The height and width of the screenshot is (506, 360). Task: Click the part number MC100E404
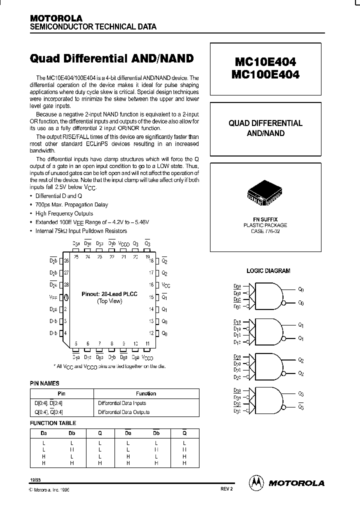pyautogui.click(x=265, y=74)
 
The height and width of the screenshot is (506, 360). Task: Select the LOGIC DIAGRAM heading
pyautogui.click(x=268, y=270)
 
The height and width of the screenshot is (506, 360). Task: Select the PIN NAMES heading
pyautogui.click(x=45, y=383)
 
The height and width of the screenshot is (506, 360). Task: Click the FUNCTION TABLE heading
pyautogui.click(x=50, y=422)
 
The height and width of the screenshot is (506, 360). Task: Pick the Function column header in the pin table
pyautogui.click(x=146, y=393)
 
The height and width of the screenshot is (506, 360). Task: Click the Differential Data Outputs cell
pyautogui.click(x=123, y=412)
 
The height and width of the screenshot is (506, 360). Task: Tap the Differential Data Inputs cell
pyautogui.click(x=122, y=402)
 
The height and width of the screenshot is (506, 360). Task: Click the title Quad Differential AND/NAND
pyautogui.click(x=111, y=58)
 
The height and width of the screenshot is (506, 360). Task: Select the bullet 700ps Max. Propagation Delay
pyautogui.click(x=71, y=204)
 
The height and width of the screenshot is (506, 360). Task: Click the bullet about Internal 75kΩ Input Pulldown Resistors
pyautogui.click(x=81, y=231)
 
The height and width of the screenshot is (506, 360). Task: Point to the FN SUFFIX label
pyautogui.click(x=265, y=219)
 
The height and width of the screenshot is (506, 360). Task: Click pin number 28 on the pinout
pyautogui.click(x=66, y=284)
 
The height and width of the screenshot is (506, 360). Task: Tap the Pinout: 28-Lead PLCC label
pyautogui.click(x=109, y=294)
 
